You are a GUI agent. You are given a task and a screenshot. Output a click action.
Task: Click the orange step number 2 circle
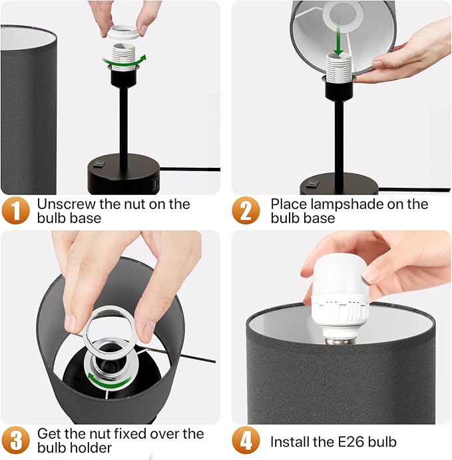click(246, 210)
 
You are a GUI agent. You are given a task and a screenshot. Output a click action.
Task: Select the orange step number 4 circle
click(246, 441)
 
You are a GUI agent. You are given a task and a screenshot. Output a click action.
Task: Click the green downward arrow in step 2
click(338, 45)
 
